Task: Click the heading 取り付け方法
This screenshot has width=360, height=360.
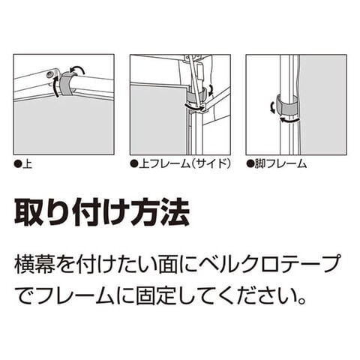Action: click(x=102, y=213)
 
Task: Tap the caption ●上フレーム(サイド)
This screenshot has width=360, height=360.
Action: click(x=180, y=164)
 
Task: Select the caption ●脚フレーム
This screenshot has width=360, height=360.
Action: click(x=277, y=164)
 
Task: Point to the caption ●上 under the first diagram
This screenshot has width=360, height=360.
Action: click(x=23, y=164)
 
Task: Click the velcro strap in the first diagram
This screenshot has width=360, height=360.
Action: click(x=65, y=84)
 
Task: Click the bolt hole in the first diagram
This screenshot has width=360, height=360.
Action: click(x=49, y=73)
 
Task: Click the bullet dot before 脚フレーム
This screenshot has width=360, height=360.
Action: click(x=250, y=164)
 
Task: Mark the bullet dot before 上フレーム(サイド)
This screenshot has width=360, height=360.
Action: click(x=133, y=164)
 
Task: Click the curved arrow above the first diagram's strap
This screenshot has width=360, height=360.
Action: click(x=77, y=68)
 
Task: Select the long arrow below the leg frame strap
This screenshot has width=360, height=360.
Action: click(x=289, y=120)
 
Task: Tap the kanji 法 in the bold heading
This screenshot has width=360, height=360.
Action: click(x=175, y=213)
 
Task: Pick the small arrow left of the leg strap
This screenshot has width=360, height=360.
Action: click(x=273, y=107)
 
